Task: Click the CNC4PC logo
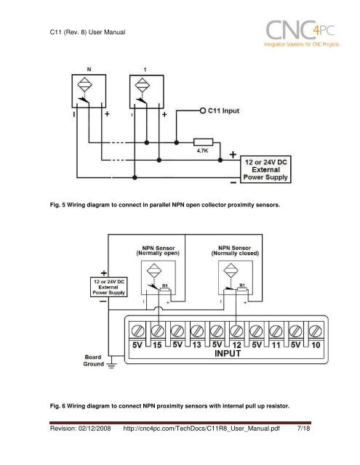tap(302, 33)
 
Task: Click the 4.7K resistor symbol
tap(203, 142)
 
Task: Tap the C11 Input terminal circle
tap(203, 110)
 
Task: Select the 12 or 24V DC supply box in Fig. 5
tap(265, 169)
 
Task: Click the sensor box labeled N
tap(89, 91)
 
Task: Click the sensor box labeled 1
tap(147, 92)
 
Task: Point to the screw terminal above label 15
tap(158, 331)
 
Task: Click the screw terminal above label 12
tap(236, 331)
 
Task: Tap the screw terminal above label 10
tap(316, 331)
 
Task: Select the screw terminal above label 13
tap(197, 331)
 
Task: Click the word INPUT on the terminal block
tap(228, 354)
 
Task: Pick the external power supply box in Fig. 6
tap(108, 287)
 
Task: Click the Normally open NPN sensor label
tap(158, 251)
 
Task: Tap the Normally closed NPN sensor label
tap(235, 251)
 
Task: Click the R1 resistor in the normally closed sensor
tap(242, 289)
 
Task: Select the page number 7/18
tap(303, 428)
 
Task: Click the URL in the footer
tap(201, 429)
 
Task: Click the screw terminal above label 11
tap(276, 331)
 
